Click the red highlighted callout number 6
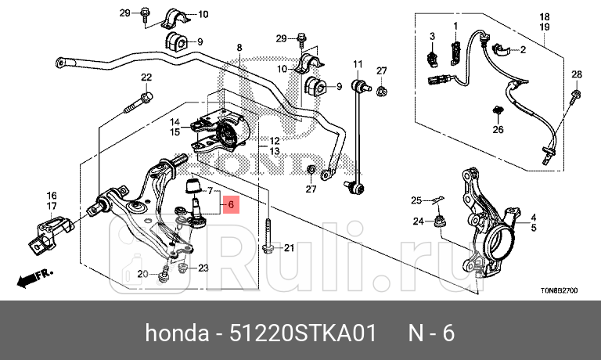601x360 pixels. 231,205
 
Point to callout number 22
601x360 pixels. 146,77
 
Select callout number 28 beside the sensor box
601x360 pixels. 576,74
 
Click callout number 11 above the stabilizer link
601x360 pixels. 358,63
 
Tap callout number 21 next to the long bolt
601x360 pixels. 288,249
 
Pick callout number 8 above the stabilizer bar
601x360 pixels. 239,48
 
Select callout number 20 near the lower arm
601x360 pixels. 142,274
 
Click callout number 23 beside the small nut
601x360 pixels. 203,268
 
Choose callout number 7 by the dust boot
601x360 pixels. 208,190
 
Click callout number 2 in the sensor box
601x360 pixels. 523,50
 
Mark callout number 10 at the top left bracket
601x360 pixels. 203,14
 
